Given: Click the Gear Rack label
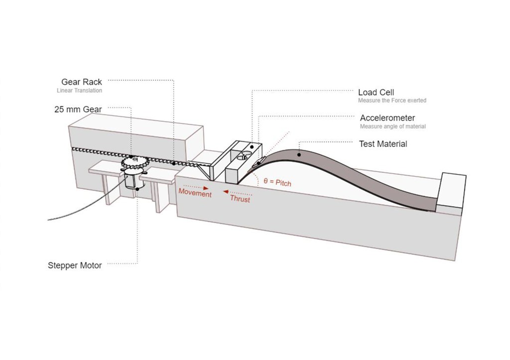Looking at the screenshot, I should [82, 82].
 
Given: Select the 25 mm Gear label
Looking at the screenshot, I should [78, 109].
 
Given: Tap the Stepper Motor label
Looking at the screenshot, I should [75, 265].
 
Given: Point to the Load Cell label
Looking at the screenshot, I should [376, 93].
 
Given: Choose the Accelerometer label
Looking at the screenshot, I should [387, 118].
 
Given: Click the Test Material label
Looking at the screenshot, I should [383, 144].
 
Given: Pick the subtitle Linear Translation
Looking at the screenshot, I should [79, 91].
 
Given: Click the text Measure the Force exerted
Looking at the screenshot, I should [392, 101].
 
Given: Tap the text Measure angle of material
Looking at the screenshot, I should [393, 126].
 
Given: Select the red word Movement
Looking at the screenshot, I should [195, 193].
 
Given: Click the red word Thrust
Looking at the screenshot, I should [240, 199].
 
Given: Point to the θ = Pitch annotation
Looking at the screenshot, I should [277, 183].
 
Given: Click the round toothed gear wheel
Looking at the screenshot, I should [133, 162].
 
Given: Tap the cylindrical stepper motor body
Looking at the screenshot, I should [133, 179].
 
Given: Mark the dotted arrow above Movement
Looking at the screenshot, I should [194, 186].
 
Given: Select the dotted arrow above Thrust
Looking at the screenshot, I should [236, 192].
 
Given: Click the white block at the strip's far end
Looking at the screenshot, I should [452, 189].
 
